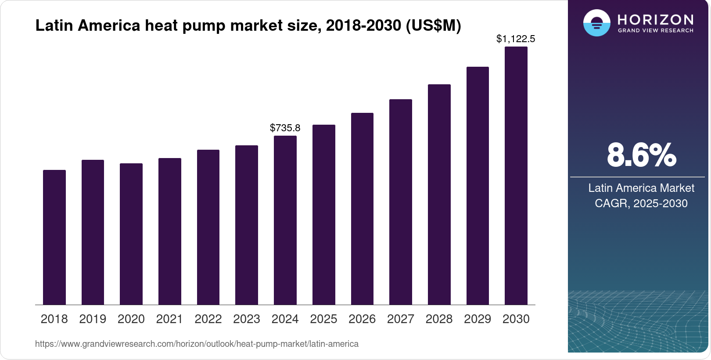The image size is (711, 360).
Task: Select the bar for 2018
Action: pos(54,237)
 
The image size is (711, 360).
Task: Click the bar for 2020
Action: pos(131,234)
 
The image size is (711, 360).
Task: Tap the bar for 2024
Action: pos(285,220)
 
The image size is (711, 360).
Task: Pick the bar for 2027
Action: pos(401,202)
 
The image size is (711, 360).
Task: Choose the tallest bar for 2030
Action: pos(516,176)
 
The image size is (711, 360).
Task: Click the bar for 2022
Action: pos(208,227)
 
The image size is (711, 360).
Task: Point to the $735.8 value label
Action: pos(285,128)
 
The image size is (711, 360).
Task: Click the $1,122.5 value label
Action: pos(516,39)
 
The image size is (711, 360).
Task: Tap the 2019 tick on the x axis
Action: pos(93,319)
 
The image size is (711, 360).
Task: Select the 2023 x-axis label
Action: pos(247,319)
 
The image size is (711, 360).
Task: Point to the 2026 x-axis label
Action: pos(362,319)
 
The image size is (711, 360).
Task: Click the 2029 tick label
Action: pos(478,319)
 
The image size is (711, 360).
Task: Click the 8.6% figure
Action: pos(641,155)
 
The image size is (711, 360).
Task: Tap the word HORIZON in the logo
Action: pos(656,19)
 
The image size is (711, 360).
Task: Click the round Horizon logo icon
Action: pos(597,23)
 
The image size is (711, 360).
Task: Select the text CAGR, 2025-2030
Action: pos(641,203)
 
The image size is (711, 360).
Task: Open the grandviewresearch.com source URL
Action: pos(197,344)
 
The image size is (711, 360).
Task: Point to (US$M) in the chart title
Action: pos(434,25)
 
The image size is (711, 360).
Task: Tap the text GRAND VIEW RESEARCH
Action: pos(656,30)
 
